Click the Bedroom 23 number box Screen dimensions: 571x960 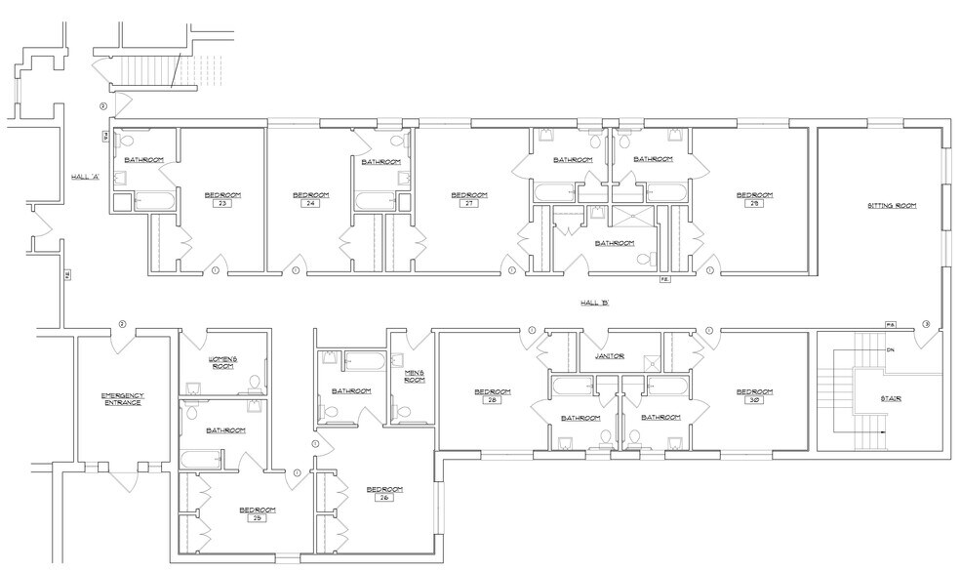(x=221, y=205)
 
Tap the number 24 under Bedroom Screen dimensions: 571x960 (x=309, y=205)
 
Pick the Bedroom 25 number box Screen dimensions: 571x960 (x=258, y=519)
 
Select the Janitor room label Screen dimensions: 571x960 (x=609, y=357)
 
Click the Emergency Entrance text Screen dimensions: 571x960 (x=122, y=398)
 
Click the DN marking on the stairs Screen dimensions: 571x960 (x=890, y=349)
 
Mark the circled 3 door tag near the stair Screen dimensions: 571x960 (x=925, y=324)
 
